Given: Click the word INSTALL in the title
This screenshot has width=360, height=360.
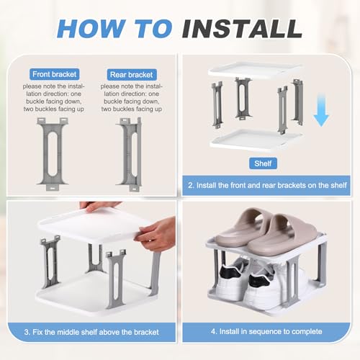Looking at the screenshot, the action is coord(242,28).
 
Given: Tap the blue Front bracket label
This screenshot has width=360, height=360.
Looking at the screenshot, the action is coord(55,74).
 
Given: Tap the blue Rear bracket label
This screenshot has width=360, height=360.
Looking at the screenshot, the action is coord(132,75).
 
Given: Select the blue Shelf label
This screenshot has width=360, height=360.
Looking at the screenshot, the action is coord(263,163).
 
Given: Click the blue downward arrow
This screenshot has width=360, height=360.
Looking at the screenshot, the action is coord(321,110).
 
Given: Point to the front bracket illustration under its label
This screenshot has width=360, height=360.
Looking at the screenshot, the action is coord(53,154).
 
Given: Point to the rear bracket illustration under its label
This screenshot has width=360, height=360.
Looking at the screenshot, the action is coord(130,154).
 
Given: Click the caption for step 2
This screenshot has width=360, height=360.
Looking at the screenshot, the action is coord(267,185).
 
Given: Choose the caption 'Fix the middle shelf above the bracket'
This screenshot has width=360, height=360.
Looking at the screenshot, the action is coord(91,332).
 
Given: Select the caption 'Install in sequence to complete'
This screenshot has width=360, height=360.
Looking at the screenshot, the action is coord(266,331).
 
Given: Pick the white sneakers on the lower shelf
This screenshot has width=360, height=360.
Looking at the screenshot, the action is coord(252,281).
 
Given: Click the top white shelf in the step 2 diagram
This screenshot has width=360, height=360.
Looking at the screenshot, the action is coord(255,71).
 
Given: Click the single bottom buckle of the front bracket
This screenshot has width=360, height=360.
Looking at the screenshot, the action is coord(53,187).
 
